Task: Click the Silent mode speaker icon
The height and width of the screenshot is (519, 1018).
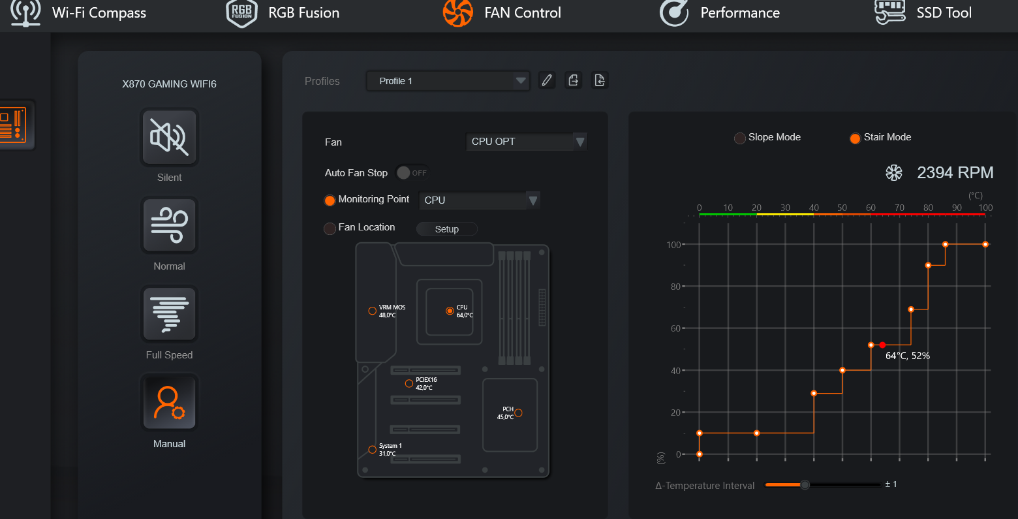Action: (169, 137)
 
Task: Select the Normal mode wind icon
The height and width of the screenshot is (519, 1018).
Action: (169, 225)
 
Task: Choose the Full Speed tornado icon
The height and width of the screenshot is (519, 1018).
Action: (169, 314)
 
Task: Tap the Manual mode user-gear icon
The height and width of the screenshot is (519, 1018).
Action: (169, 403)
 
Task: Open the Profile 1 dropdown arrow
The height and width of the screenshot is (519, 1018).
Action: (521, 81)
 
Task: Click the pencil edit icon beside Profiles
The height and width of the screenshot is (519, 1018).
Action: (547, 80)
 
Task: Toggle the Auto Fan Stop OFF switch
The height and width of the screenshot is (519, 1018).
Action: (412, 173)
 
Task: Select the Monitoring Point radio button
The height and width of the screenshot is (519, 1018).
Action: (330, 200)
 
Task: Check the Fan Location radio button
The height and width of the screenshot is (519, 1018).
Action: (330, 228)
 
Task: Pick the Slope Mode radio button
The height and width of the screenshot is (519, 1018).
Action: (739, 138)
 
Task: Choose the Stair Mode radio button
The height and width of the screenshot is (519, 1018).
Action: (855, 138)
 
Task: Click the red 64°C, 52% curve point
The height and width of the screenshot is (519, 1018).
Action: (882, 345)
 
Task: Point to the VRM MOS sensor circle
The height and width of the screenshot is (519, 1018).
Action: (372, 311)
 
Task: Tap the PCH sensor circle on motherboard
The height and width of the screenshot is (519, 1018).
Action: (518, 413)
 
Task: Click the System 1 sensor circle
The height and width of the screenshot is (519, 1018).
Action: (372, 449)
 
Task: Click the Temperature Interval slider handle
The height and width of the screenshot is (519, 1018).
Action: (805, 485)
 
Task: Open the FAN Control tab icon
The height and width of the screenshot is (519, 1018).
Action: (457, 12)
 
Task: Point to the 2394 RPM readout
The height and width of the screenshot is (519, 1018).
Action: (955, 173)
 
